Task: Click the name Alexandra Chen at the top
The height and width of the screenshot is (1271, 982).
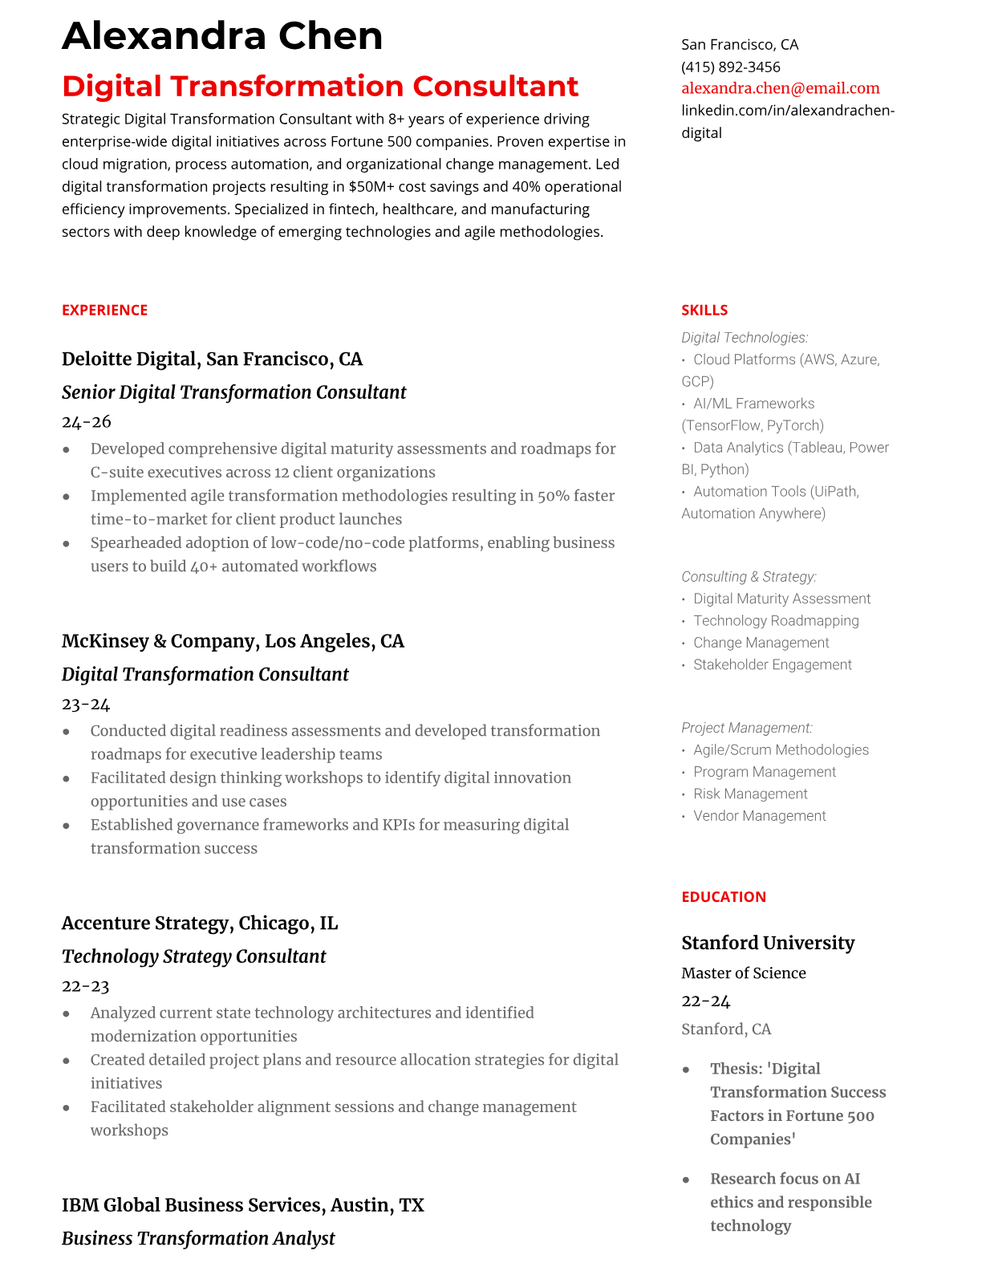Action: [x=222, y=36]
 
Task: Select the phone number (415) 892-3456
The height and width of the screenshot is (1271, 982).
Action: [x=730, y=67]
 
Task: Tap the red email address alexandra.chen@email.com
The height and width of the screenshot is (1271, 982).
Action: [x=780, y=88]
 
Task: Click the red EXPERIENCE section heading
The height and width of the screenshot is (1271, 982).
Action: [x=104, y=311]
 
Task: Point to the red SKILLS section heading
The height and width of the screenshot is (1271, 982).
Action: [x=704, y=311]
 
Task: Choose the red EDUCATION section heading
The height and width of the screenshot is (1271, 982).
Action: [x=723, y=897]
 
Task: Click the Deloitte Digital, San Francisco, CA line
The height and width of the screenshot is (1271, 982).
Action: [x=212, y=359]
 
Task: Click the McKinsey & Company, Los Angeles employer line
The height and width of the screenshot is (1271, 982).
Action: [x=233, y=641]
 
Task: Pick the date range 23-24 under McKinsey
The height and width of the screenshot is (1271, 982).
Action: [x=86, y=705]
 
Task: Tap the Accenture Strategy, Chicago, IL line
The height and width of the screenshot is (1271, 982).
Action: [x=200, y=923]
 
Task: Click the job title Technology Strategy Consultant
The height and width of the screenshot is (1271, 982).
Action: [x=193, y=956]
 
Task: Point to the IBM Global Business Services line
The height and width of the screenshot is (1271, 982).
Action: [x=242, y=1205]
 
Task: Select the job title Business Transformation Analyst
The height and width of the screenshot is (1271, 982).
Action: [x=198, y=1238]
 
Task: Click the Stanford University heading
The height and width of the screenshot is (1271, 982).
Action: [x=768, y=943]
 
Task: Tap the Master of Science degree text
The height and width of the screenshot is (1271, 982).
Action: [x=743, y=973]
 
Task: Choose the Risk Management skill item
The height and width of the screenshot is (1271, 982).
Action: [x=750, y=794]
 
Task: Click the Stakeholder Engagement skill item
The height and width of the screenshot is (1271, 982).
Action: [x=772, y=664]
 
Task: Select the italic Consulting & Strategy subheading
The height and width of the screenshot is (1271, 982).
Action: [x=749, y=577]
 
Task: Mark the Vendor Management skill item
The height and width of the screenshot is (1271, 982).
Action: [x=759, y=816]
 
